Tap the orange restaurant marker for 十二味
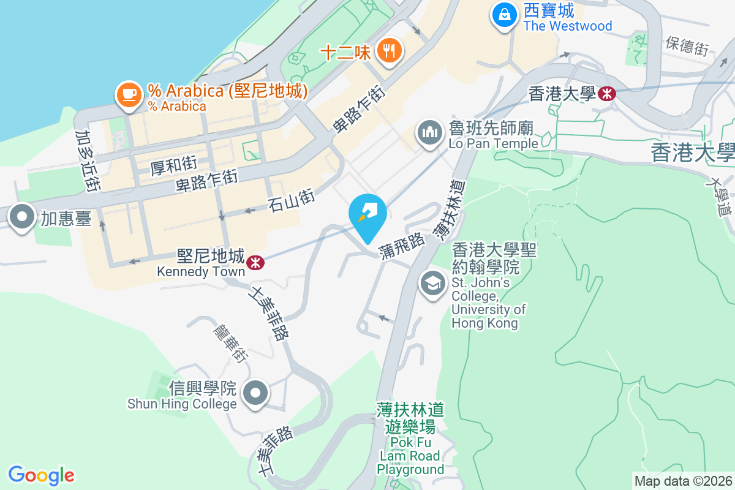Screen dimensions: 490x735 coord(389,50)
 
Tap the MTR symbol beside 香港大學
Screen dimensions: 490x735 coord(608,94)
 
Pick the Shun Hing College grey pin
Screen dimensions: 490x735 coord(256,393)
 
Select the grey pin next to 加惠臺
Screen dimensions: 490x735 coord(23,217)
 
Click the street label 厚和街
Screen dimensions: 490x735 coord(173,165)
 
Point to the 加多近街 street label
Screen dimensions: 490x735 coord(87,160)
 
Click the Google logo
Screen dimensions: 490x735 coord(41,475)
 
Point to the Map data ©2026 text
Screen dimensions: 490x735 coord(683,481)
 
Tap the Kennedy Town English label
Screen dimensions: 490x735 coord(200,271)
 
